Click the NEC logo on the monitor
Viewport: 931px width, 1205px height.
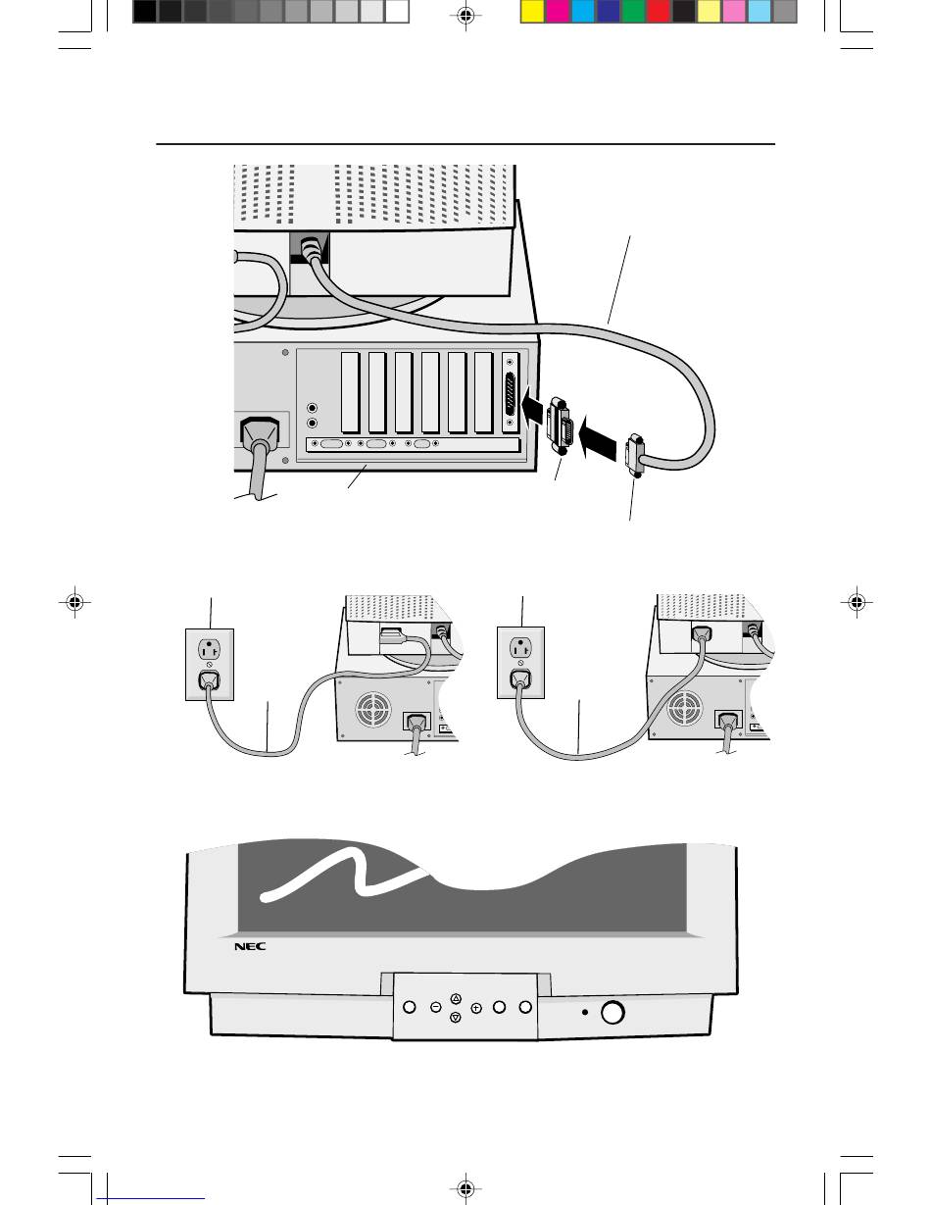(250, 947)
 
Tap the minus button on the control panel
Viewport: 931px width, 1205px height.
(434, 1008)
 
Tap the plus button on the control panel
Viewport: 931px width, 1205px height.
(476, 1008)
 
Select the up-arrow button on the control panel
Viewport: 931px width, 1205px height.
(456, 998)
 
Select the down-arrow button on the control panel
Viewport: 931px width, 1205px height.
(456, 1018)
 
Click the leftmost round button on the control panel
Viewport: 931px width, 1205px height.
(410, 1008)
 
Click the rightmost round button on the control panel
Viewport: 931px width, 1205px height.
(525, 1008)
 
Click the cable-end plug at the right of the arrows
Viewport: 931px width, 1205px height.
(635, 455)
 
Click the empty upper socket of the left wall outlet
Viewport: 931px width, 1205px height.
(208, 649)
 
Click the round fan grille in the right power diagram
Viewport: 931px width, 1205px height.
(682, 714)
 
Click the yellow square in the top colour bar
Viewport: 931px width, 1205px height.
(532, 12)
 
